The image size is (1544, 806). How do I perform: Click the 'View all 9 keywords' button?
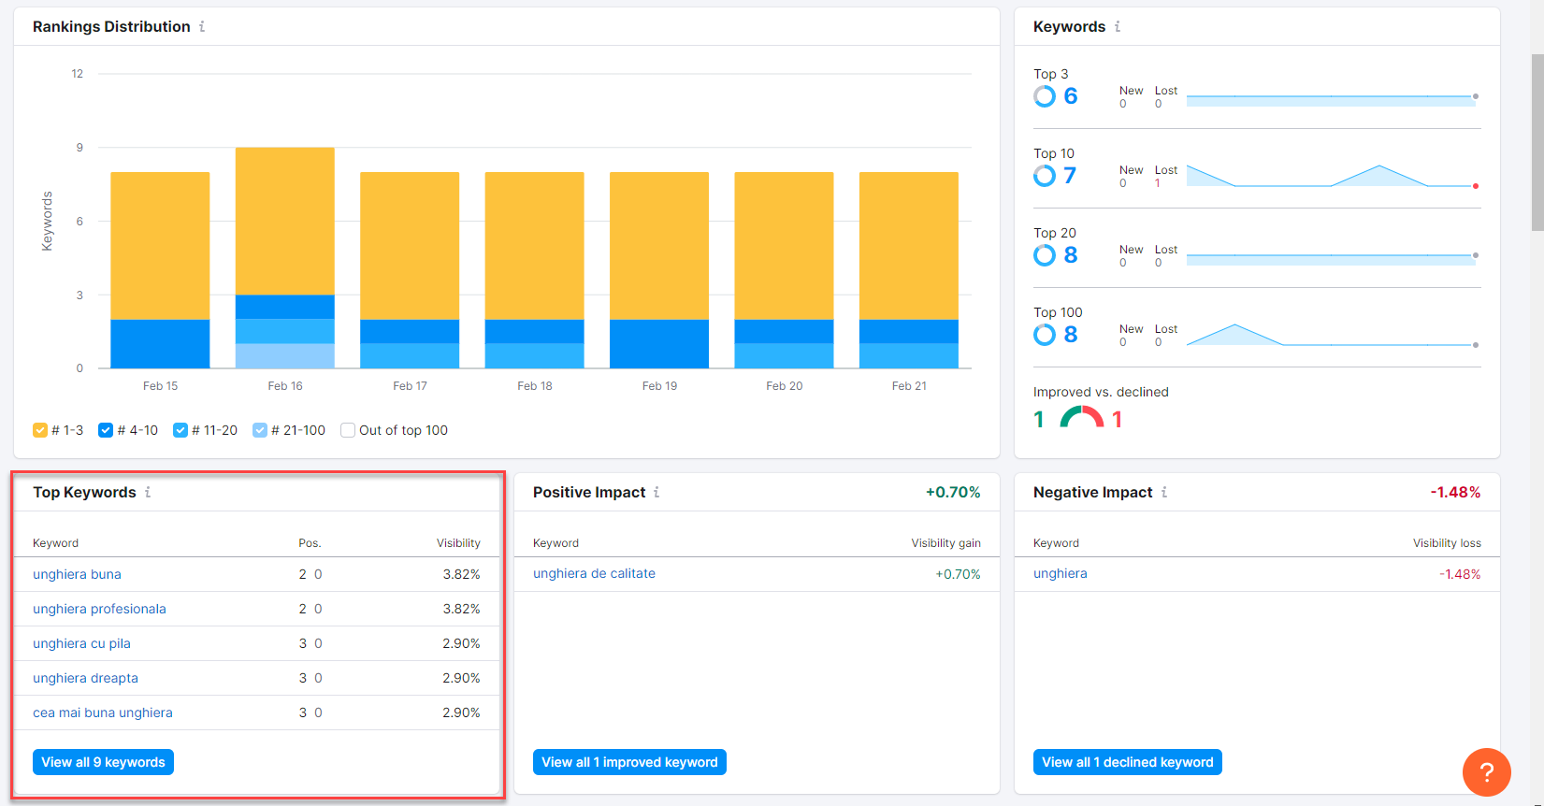point(103,762)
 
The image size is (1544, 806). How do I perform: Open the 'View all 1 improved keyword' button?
point(629,762)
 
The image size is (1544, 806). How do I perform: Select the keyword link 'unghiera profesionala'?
point(99,609)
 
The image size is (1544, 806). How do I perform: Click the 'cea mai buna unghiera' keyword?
point(103,712)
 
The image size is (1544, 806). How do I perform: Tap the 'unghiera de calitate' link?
point(594,573)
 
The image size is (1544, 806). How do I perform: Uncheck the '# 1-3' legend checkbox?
point(40,430)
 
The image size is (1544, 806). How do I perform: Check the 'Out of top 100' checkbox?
point(348,430)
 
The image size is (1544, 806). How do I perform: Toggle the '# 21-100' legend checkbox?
point(260,430)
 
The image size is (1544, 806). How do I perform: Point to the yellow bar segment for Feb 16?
point(285,221)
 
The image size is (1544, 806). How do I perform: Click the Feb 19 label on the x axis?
point(659,385)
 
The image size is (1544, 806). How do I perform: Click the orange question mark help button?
point(1486,772)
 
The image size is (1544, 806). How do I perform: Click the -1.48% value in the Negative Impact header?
point(1454,492)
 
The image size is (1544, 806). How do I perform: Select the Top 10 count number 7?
point(1069,176)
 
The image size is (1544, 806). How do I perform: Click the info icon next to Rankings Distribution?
point(202,26)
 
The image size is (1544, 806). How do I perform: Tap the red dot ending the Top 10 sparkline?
point(1476,186)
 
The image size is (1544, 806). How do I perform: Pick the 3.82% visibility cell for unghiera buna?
point(461,574)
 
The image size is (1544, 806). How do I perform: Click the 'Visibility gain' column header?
point(945,542)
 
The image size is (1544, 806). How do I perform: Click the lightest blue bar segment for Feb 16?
point(285,355)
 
